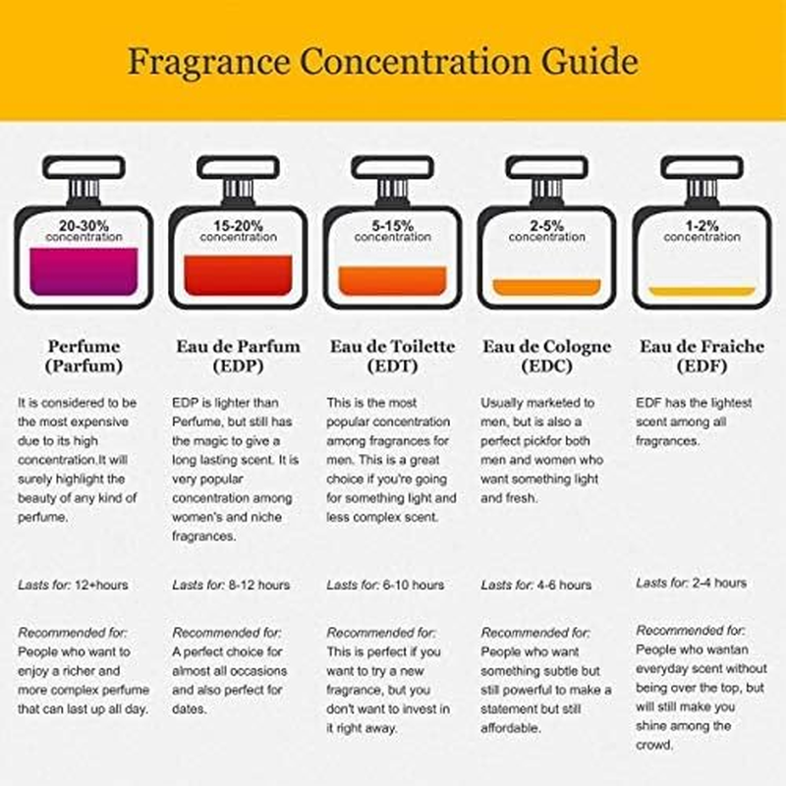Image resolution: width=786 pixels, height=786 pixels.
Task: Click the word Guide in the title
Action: (589, 62)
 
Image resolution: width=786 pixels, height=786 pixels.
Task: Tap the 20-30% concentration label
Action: (84, 231)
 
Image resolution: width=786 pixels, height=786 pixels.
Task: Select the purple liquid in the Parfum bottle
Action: (84, 271)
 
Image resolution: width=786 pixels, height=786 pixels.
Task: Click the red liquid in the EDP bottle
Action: (238, 275)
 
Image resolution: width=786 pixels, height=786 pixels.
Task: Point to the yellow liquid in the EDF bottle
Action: (702, 291)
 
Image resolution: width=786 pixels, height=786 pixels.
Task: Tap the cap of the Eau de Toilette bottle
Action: (392, 167)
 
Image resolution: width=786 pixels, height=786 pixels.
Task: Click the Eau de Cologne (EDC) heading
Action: (547, 356)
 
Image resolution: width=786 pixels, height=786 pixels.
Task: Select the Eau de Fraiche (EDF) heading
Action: (702, 356)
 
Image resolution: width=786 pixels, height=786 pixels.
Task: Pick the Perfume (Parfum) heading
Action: (84, 356)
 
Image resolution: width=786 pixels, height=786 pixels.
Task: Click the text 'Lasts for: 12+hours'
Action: (73, 585)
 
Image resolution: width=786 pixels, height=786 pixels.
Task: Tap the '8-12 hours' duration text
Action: (259, 585)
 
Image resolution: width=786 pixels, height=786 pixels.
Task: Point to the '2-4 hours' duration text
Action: (719, 583)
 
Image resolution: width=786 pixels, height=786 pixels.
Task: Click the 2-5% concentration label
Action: (547, 231)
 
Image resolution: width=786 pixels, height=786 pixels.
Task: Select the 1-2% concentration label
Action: (702, 231)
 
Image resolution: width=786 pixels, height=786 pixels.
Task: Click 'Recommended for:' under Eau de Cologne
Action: (535, 633)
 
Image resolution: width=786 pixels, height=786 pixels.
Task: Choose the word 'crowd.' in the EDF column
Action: (654, 746)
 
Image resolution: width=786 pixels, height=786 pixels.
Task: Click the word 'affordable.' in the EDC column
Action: (511, 728)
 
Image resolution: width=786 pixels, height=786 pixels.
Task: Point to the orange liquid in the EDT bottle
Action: (392, 281)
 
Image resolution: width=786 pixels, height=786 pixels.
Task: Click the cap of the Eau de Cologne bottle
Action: (547, 167)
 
